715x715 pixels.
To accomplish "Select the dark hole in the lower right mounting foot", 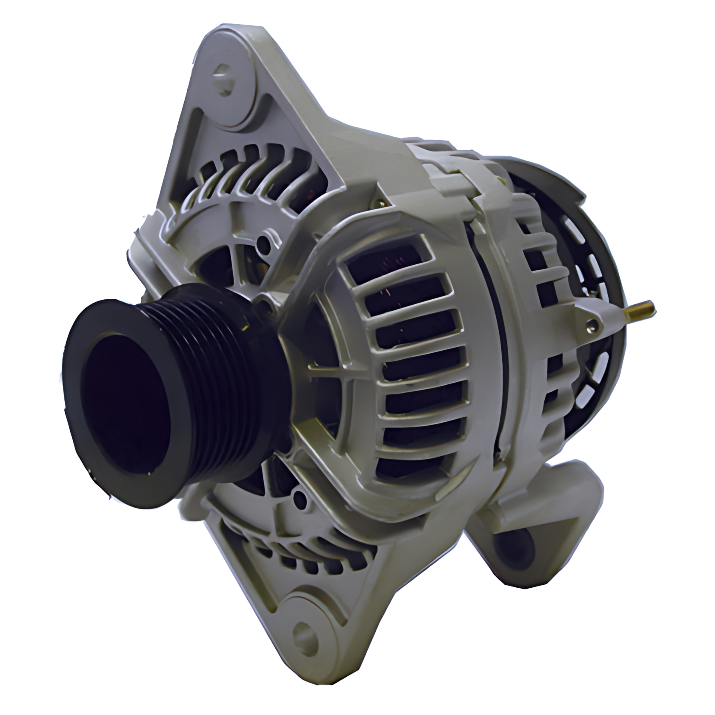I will [x=517, y=549].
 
